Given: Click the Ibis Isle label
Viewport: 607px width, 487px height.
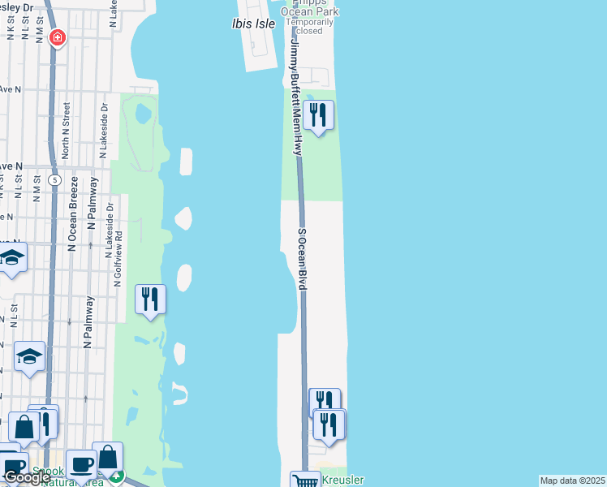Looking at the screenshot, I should [252, 24].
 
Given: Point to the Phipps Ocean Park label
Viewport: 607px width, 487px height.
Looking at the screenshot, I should [309, 10].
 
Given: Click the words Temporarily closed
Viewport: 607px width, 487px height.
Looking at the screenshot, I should [309, 27].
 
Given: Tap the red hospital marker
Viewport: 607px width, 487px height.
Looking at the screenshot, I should [57, 37].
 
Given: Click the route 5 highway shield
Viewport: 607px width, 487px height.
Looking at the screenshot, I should [54, 179].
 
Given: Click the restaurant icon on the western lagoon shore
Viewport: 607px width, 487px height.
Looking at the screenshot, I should [150, 299].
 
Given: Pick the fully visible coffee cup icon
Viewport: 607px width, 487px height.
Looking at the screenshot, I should [81, 463].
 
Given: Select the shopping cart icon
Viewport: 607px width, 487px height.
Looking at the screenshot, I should [306, 481].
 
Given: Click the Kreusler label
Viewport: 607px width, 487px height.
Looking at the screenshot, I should [343, 481].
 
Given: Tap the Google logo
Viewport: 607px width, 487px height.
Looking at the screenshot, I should [26, 477].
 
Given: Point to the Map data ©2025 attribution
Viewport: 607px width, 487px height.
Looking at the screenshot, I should [572, 481].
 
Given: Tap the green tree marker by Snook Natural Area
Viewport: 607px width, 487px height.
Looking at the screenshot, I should [117, 478].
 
